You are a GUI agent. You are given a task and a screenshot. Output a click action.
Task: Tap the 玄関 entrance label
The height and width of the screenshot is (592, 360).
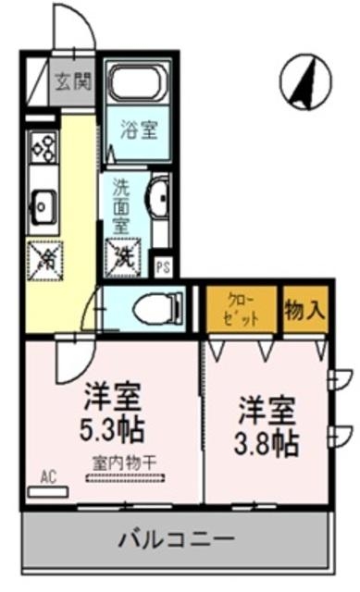pyautogui.click(x=72, y=80)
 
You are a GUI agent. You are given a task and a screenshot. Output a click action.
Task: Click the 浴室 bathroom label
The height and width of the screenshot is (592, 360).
pyautogui.click(x=137, y=130)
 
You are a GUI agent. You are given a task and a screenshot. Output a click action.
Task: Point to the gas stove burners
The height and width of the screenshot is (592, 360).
pyautogui.click(x=43, y=145)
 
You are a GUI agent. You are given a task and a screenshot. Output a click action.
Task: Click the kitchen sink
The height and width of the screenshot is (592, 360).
pyautogui.click(x=43, y=200)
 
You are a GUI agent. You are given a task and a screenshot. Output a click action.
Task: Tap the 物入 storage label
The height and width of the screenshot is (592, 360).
pyautogui.click(x=304, y=308)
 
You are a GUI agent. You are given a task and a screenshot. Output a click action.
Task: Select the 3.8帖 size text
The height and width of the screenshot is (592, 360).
pyautogui.click(x=267, y=441)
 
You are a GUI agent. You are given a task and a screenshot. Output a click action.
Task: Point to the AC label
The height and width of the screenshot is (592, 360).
pyautogui.click(x=48, y=477)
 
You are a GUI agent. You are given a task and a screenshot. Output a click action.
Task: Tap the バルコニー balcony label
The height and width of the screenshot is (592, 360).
pyautogui.click(x=174, y=539)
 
